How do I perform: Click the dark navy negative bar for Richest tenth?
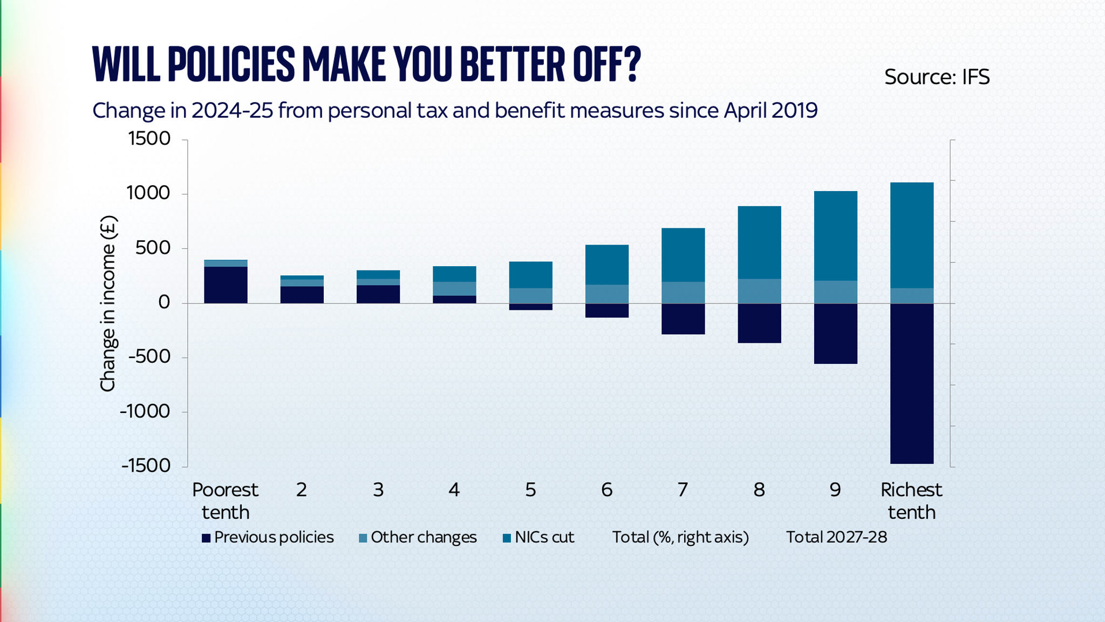[x=911, y=383]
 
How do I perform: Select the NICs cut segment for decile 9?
[x=835, y=236]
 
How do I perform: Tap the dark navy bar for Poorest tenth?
[x=226, y=285]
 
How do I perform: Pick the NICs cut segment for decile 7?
[x=683, y=255]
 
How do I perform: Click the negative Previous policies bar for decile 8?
[x=759, y=323]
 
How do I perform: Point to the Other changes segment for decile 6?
[x=606, y=294]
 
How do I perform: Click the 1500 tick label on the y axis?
[x=149, y=139]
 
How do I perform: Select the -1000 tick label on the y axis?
[x=145, y=411]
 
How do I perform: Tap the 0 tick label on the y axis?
[x=164, y=302]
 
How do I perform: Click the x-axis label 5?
[x=530, y=490]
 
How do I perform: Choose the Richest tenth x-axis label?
[x=911, y=501]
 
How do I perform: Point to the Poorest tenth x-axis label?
[x=226, y=501]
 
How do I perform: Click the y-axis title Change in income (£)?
[x=108, y=303]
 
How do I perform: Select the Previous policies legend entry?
[x=268, y=537]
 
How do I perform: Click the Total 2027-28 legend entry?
[x=836, y=537]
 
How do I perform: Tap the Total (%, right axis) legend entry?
[x=680, y=537]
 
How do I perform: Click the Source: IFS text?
[x=937, y=77]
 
